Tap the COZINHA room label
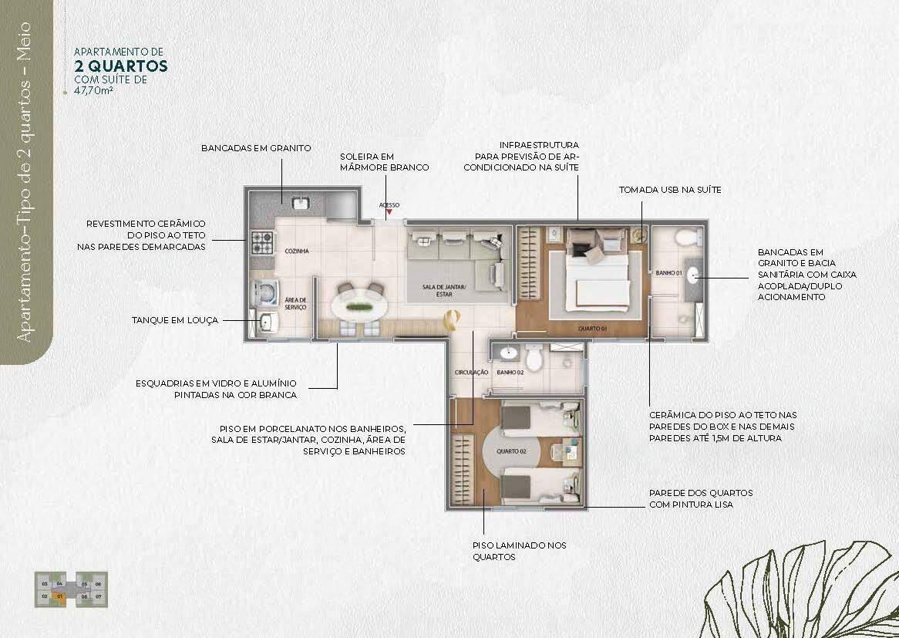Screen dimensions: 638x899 click(x=297, y=251)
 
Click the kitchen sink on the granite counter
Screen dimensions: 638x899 click(x=298, y=203)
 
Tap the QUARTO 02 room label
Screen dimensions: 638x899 click(x=511, y=451)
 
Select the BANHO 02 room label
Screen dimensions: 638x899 click(x=510, y=372)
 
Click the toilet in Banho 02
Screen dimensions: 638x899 click(x=535, y=359)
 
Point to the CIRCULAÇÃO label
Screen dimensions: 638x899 click(x=471, y=372)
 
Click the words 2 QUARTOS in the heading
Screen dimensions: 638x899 click(x=121, y=66)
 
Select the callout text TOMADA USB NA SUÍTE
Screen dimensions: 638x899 click(x=670, y=190)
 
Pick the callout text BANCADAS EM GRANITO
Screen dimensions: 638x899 click(x=256, y=147)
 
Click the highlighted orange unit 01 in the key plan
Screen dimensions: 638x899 click(x=59, y=596)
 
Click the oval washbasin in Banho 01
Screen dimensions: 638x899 click(x=693, y=273)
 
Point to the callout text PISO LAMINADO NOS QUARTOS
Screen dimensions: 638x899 click(x=519, y=551)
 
